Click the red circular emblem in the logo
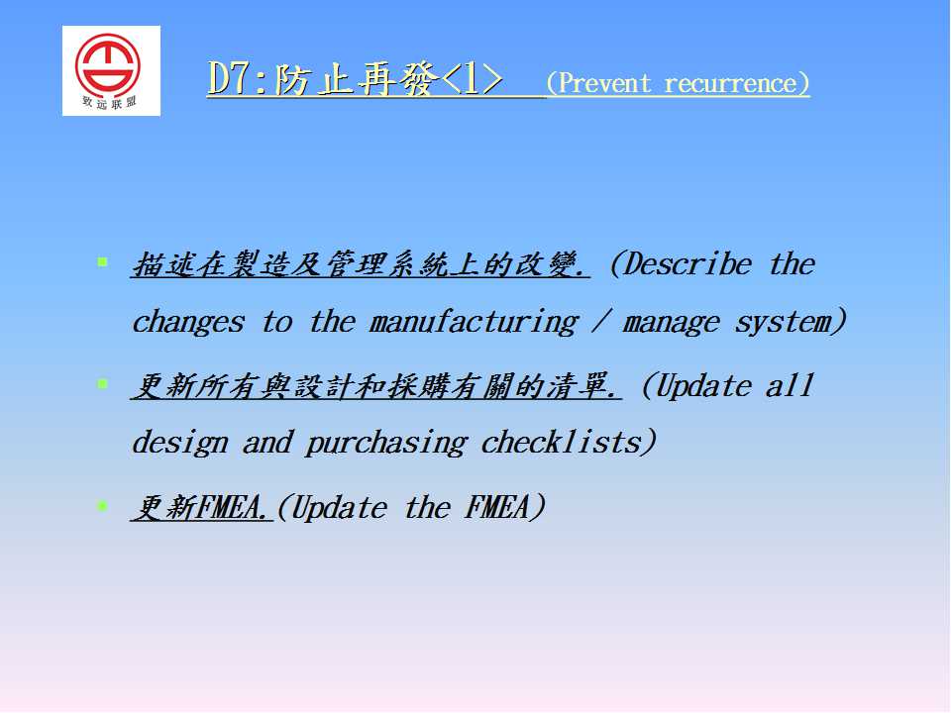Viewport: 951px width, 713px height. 108,63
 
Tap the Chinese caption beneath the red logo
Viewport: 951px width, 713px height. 109,102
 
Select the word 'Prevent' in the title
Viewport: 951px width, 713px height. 604,83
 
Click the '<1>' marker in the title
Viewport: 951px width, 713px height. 472,79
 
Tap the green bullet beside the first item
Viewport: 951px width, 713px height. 102,261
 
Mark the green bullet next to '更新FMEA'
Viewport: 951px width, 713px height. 102,505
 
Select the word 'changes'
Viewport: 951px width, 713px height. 188,322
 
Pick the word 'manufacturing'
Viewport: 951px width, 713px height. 475,322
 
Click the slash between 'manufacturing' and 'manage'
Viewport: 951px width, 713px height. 600,321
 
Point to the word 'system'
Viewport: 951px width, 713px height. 783,322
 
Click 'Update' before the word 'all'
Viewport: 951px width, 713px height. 703,386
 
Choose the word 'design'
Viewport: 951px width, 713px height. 180,443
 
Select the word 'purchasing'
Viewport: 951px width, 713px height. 386,444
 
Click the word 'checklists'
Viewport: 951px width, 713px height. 561,442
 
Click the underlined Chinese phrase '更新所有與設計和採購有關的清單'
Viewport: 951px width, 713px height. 375,386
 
